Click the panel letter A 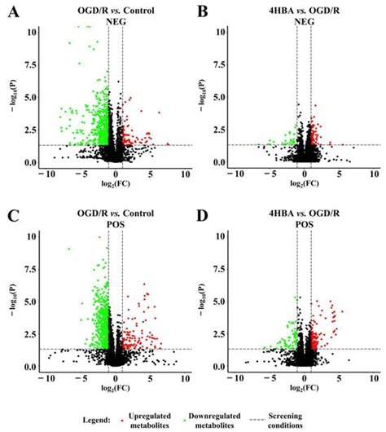pos(11,11)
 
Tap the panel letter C pos(11,218)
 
